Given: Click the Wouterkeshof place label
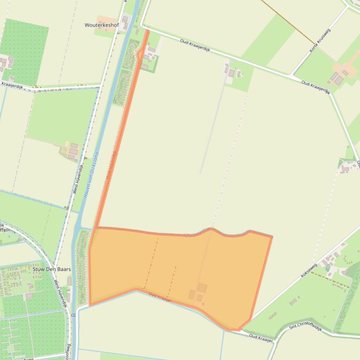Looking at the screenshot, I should pyautogui.click(x=102, y=25).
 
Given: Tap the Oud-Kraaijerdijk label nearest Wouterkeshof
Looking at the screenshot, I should pyautogui.click(x=196, y=49).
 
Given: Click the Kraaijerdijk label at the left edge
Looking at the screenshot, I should pyautogui.click(x=12, y=85).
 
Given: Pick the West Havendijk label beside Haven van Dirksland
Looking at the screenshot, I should pyautogui.click(x=78, y=179).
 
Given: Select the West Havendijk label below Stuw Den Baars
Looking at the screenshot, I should pyautogui.click(x=60, y=293).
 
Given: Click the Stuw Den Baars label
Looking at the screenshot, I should pyautogui.click(x=51, y=269).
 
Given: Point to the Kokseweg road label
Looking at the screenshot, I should pyautogui.click(x=309, y=271).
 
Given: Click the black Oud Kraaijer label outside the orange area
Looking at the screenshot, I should pyautogui.click(x=261, y=338).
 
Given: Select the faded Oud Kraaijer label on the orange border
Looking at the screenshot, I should pyautogui.click(x=160, y=297).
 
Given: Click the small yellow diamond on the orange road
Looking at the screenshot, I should pyautogui.click(x=140, y=54).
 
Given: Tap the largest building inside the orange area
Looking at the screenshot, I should pyautogui.click(x=202, y=288).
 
